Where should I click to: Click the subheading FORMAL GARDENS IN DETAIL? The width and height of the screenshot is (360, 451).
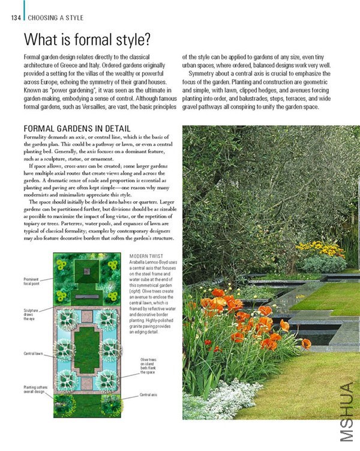[76, 129]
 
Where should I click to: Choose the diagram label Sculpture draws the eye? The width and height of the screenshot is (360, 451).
[31, 315]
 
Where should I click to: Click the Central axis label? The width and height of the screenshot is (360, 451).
[148, 395]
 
